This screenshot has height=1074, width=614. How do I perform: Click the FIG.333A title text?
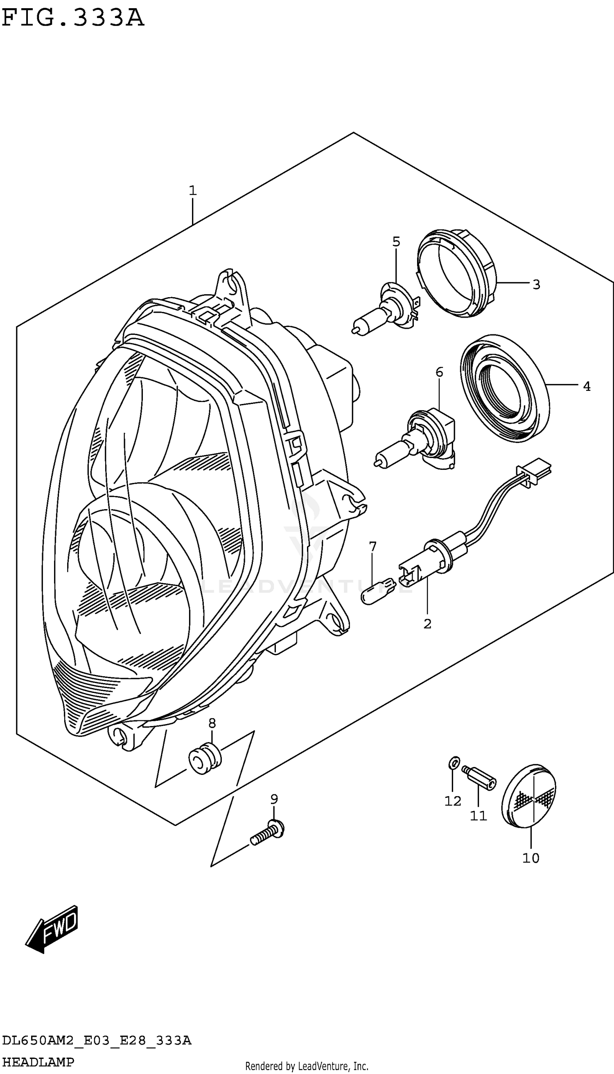coord(72,18)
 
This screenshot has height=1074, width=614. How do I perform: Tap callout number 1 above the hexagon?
coord(193,191)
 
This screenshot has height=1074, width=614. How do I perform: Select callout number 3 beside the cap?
coord(536,284)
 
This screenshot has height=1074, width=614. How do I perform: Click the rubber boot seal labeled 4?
coord(504,388)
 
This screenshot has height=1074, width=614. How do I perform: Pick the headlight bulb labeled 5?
coord(386,311)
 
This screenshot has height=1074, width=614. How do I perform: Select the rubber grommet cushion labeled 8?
coord(205,760)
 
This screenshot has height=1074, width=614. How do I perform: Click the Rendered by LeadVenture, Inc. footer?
coord(307,1066)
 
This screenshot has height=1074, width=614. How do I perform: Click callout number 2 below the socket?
coord(427,624)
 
